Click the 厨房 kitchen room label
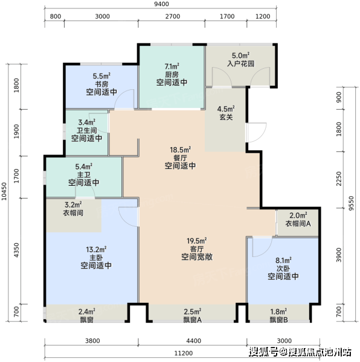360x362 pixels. [172, 75]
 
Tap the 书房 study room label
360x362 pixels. [101, 84]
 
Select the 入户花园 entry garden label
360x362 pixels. [241, 64]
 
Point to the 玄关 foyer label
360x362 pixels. [226, 117]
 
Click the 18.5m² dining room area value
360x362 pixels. [180, 150]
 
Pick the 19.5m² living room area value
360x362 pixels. [197, 241]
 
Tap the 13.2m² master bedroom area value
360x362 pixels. [96, 249]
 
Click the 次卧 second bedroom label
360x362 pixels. [283, 268]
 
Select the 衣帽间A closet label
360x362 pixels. [298, 223]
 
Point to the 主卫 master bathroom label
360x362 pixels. [83, 174]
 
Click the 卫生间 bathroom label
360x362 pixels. [87, 130]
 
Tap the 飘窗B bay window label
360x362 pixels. [278, 320]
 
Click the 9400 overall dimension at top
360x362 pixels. [162, 4]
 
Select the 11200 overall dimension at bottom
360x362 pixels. [183, 353]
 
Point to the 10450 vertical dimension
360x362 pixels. [4, 191]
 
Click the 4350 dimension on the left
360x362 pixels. [16, 250]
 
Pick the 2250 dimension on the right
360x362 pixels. [338, 179]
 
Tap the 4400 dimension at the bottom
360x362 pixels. [193, 341]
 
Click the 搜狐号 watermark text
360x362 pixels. [263, 352]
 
